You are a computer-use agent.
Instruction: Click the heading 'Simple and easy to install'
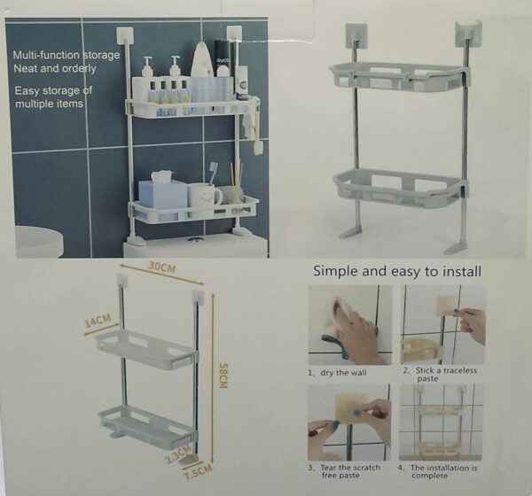[x=396, y=271]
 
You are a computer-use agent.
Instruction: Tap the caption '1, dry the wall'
[x=338, y=372]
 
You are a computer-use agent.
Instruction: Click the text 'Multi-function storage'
[x=66, y=55]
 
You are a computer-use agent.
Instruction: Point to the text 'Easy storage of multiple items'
[x=52, y=97]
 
